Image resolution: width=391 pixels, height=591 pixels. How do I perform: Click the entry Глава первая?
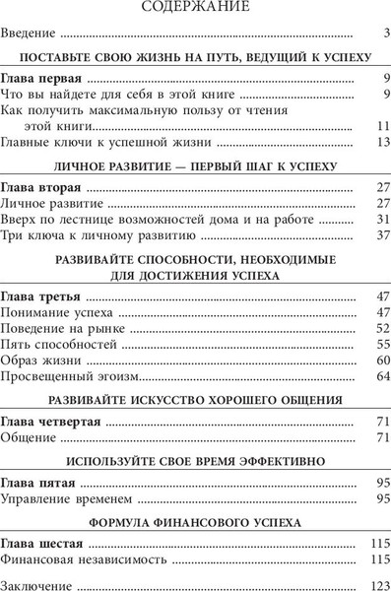tap(41, 78)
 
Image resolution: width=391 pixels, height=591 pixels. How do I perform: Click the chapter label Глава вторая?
tap(42, 187)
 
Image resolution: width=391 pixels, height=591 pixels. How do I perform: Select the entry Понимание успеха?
tap(55, 312)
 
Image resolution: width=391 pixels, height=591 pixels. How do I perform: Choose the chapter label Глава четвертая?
tap(50, 421)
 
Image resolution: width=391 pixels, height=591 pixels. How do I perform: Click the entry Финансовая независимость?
tap(75, 559)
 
